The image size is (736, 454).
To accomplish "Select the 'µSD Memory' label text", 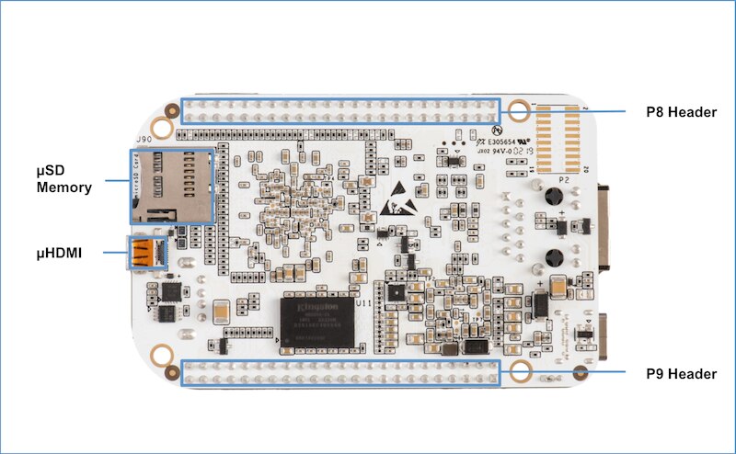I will point(64,179).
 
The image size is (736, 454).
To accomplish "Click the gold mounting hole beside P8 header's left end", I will point(163,128).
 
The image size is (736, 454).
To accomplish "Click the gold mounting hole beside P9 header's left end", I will point(163,355).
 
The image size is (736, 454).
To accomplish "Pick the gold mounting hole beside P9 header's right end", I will point(520,372).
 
